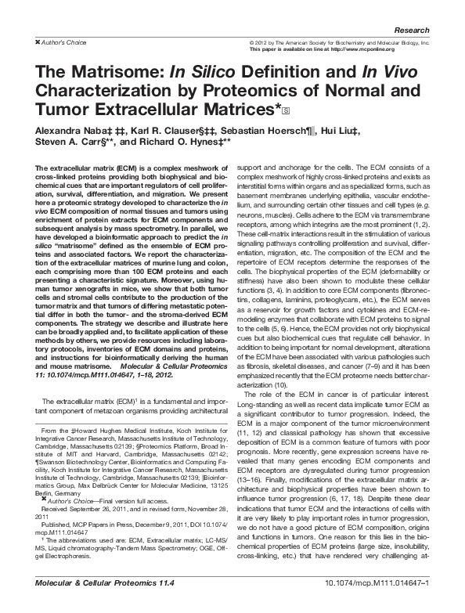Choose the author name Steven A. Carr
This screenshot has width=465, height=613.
(x=63, y=143)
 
